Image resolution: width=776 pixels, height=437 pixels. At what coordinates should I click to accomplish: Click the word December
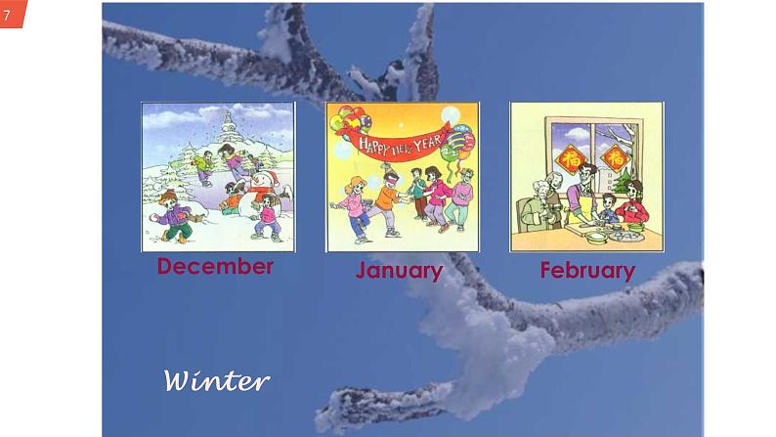215,266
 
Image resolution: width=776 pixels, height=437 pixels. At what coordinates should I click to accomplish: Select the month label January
399,270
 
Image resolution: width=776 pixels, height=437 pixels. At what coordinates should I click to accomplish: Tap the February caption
587,270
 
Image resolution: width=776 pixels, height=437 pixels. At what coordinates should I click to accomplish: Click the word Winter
216,379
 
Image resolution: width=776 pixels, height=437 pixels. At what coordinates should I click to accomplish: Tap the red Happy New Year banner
400,147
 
